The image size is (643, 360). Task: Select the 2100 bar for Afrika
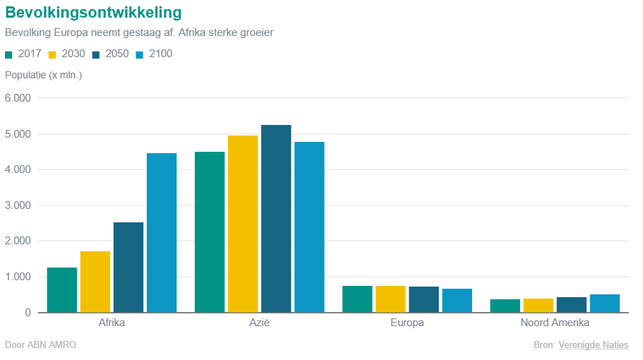(x=162, y=233)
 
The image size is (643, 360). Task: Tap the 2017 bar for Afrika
(x=61, y=290)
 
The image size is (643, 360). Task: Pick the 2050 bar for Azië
(x=276, y=219)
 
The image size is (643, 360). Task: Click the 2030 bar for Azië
(x=243, y=224)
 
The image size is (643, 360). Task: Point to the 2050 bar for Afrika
(x=128, y=268)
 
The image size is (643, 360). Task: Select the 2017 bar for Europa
(x=357, y=299)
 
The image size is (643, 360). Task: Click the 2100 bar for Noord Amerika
(x=605, y=304)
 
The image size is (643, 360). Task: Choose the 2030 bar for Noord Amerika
(x=538, y=306)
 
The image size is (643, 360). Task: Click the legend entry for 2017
(x=23, y=54)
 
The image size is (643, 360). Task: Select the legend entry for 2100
(x=154, y=54)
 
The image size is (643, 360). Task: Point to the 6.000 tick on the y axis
(x=18, y=98)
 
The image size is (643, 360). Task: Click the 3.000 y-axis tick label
(x=18, y=205)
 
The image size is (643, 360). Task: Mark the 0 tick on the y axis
(x=27, y=313)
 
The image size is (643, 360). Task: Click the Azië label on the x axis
(x=260, y=323)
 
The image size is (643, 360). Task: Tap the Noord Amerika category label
(x=555, y=323)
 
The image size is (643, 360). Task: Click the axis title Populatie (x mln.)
(x=44, y=75)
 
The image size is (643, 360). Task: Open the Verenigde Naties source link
(x=593, y=345)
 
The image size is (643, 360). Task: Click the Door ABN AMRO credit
(x=40, y=345)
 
